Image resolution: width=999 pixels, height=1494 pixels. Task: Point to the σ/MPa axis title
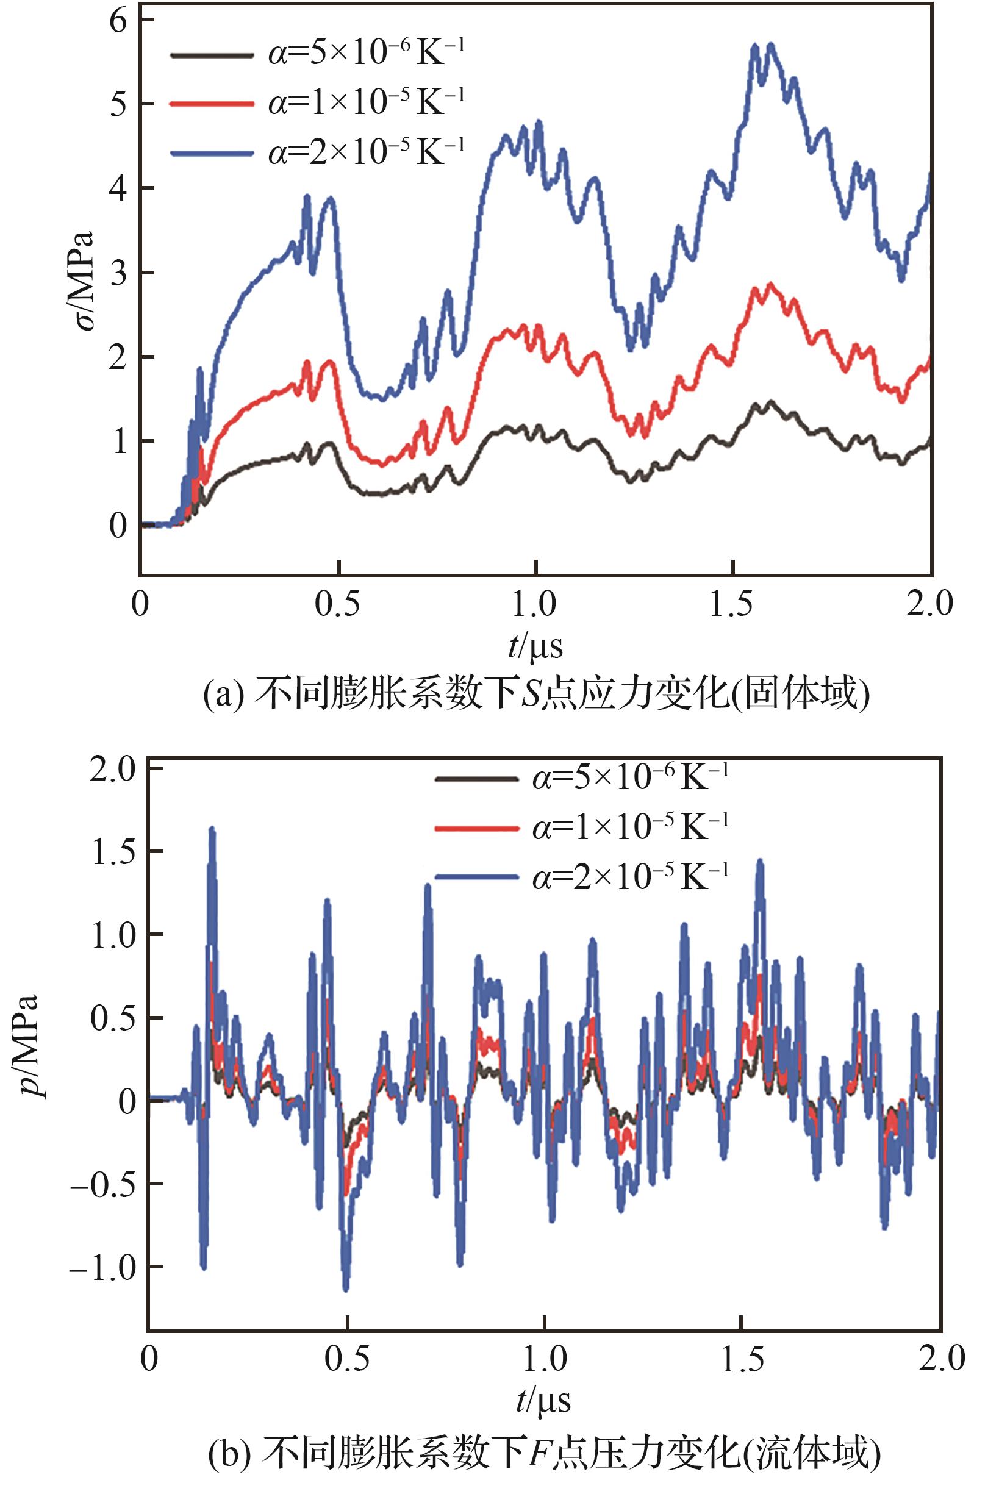[x=82, y=281]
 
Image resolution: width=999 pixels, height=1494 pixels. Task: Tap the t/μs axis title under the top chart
[x=535, y=646]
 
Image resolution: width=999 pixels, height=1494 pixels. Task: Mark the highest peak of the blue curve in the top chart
[x=771, y=45]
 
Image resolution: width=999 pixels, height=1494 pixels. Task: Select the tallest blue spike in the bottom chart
[x=212, y=830]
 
